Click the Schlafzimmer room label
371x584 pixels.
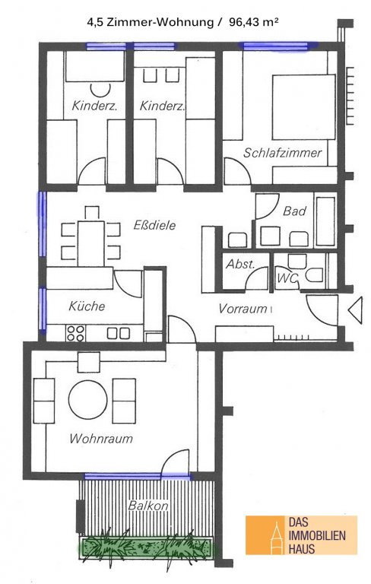282,153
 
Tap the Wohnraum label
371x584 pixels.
101,438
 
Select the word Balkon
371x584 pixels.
148,506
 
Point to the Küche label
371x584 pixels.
87,306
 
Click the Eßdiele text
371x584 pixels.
154,225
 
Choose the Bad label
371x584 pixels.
294,211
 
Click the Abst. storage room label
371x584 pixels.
241,264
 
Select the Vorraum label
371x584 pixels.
243,309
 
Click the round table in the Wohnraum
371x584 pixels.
88,399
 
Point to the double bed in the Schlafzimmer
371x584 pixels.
303,107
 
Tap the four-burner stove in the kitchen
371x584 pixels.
75,333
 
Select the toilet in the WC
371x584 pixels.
314,275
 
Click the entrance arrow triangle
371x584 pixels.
355,309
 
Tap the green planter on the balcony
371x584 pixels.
147,547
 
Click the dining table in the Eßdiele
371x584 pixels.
91,243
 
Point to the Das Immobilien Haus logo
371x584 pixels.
301,535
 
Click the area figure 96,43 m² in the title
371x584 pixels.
254,22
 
